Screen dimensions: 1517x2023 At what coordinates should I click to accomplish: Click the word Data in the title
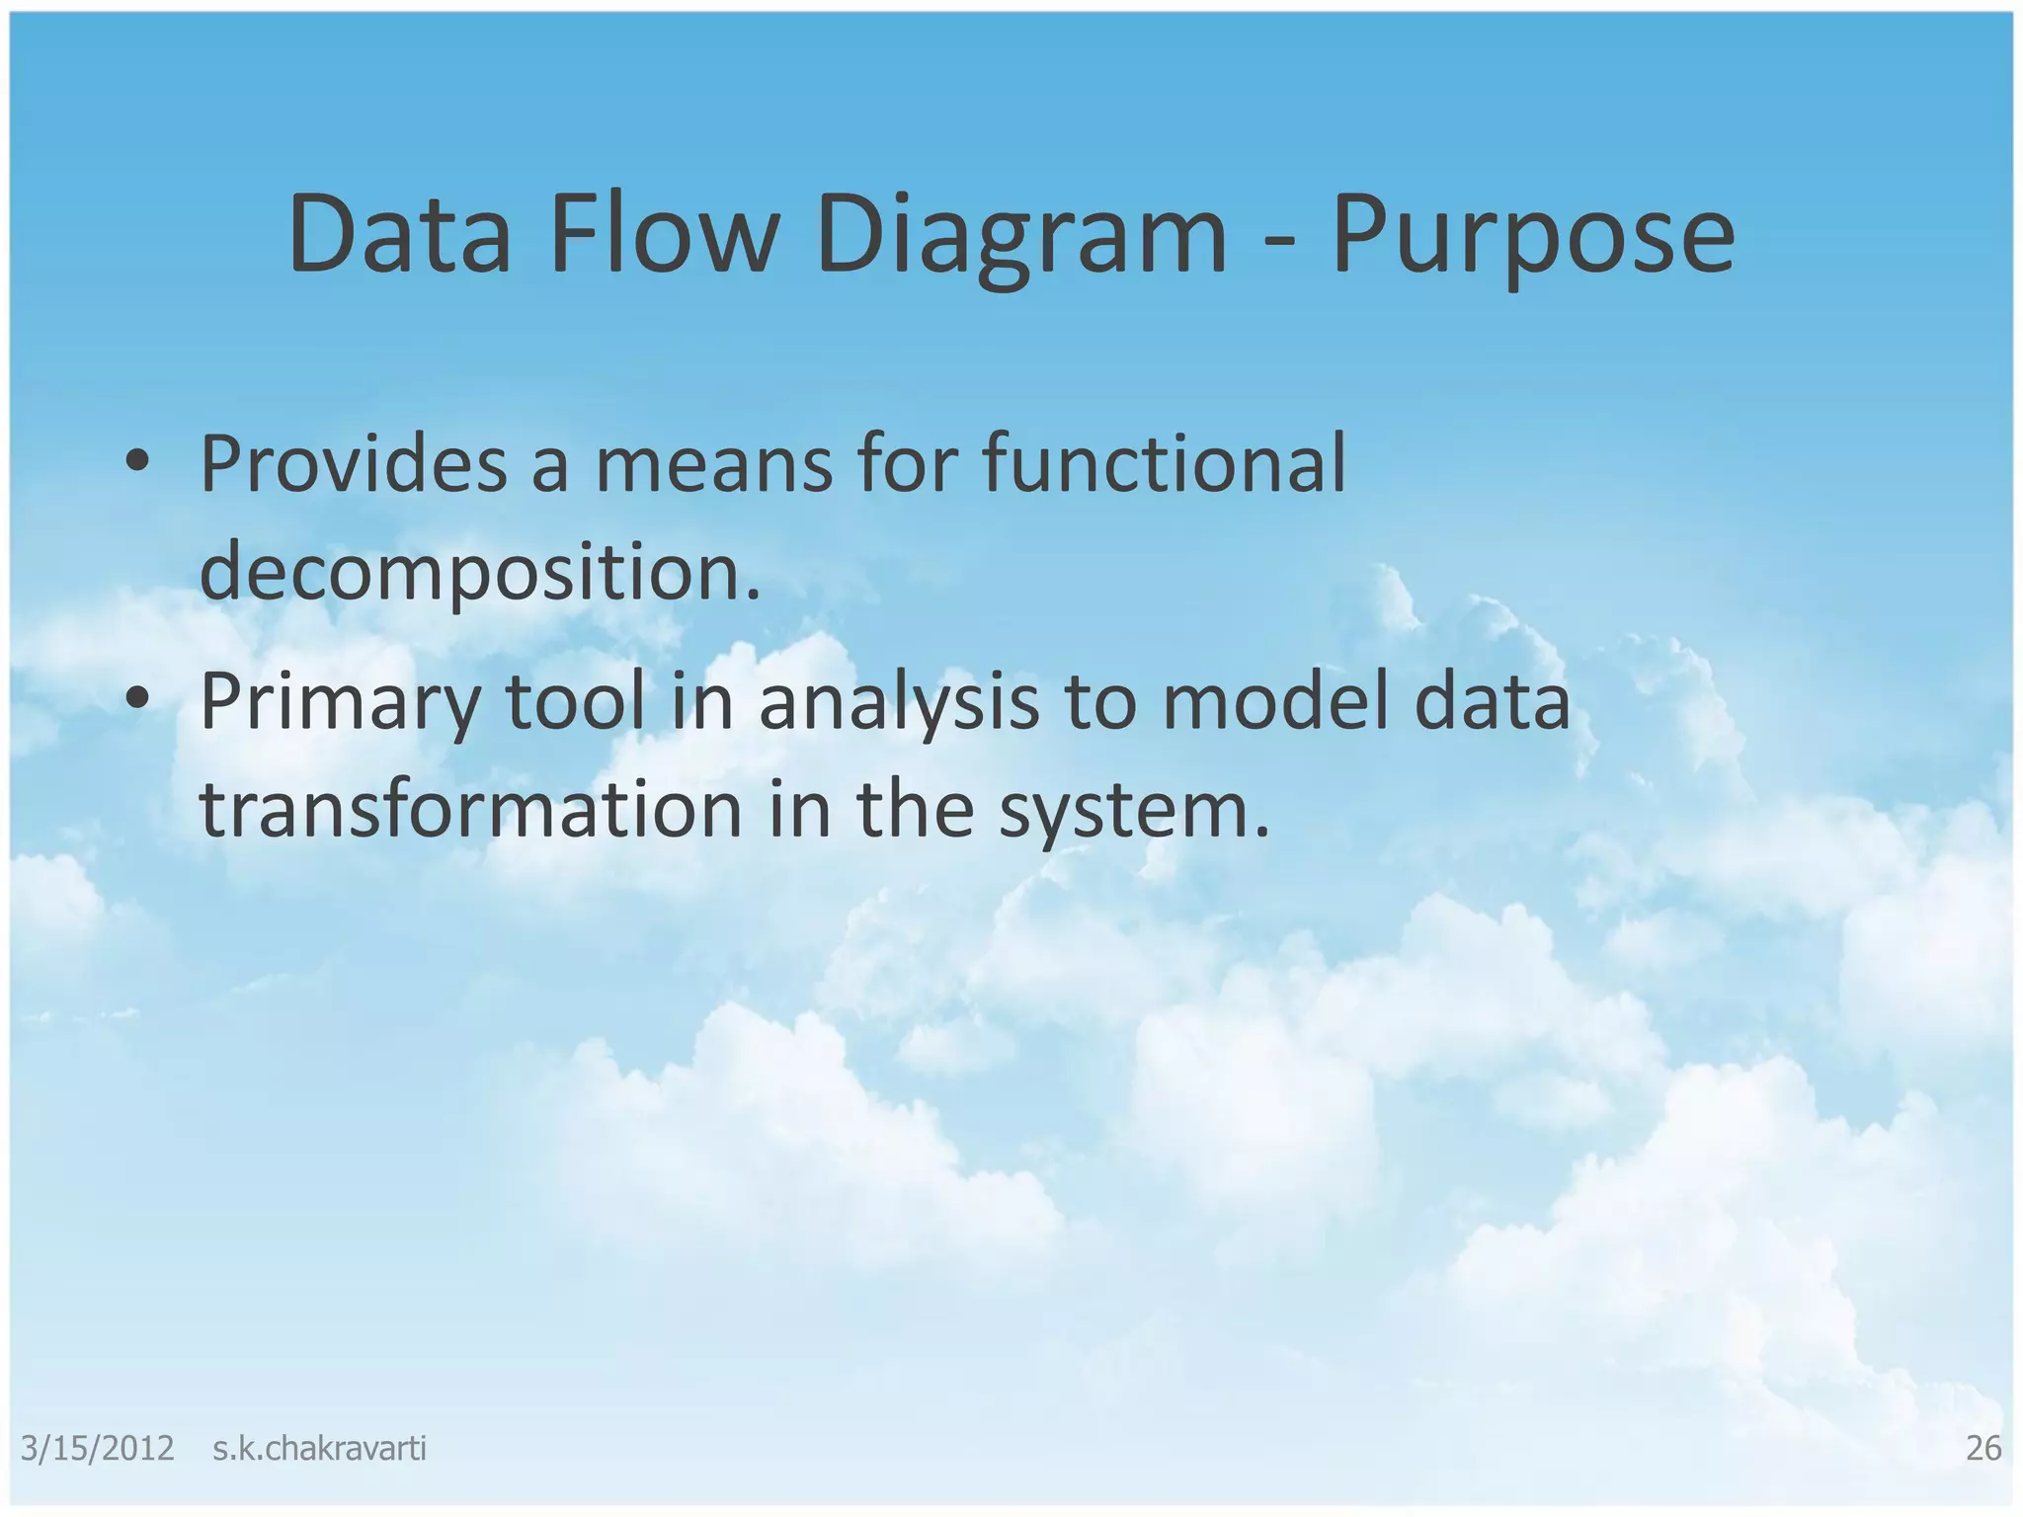coord(399,235)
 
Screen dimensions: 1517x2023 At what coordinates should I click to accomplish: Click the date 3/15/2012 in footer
coord(97,1449)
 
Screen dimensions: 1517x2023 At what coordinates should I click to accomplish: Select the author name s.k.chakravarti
coord(319,1449)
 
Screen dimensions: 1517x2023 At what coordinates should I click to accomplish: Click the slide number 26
coord(1983,1449)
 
